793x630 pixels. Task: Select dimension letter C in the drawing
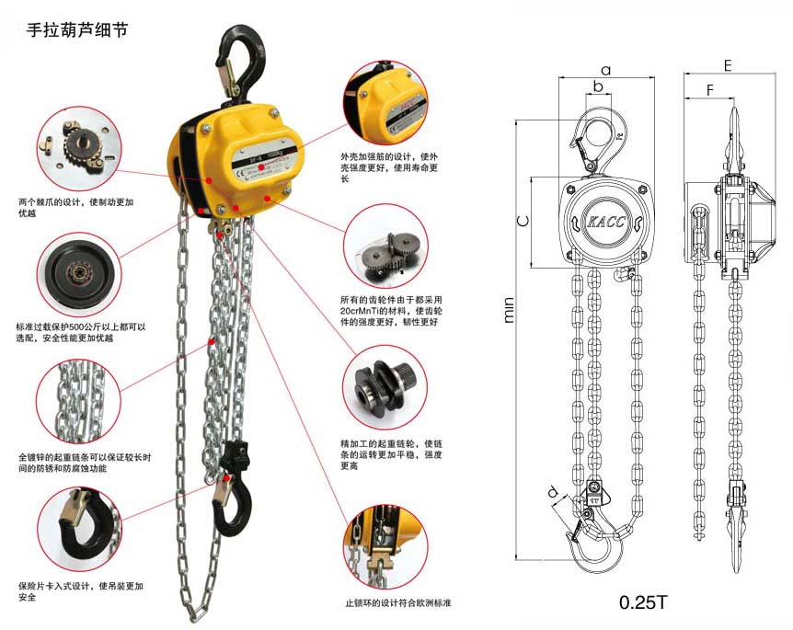click(x=522, y=221)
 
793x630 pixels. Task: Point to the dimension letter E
click(x=727, y=66)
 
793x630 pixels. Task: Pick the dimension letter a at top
click(x=605, y=69)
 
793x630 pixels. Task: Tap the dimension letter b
click(x=598, y=86)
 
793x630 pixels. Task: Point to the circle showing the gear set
click(x=385, y=248)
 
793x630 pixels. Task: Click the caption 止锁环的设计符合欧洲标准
click(x=397, y=603)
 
